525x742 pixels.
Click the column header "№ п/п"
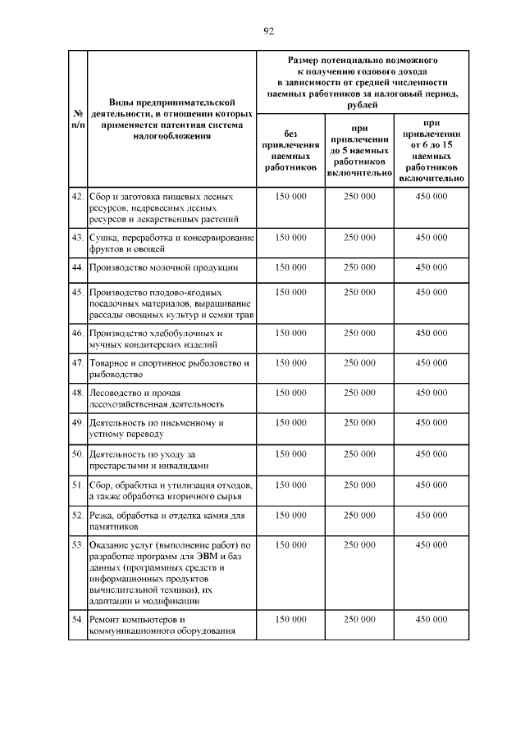point(76,119)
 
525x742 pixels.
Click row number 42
point(77,197)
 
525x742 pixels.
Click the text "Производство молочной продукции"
point(163,267)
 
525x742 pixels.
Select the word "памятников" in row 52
point(116,526)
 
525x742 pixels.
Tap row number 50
point(77,453)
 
